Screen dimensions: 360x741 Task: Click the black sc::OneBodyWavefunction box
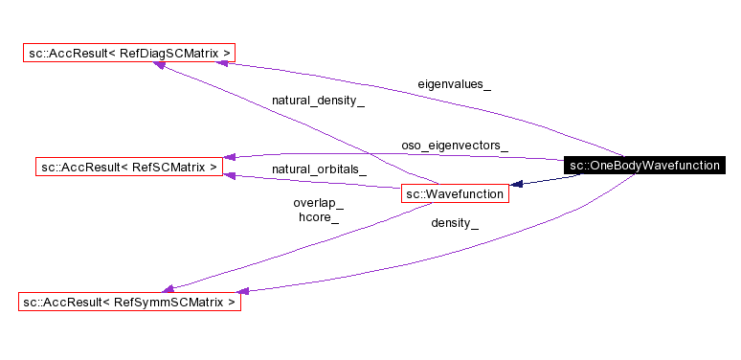[642, 166]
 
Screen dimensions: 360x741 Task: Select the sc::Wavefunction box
[454, 194]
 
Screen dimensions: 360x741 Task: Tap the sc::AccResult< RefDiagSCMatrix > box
[128, 52]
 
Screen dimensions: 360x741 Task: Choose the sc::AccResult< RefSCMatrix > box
[129, 167]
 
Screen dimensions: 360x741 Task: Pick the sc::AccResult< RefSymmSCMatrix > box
[129, 302]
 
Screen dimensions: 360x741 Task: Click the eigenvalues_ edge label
[454, 84]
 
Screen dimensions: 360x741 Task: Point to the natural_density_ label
[318, 100]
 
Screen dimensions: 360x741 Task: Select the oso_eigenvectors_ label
[454, 146]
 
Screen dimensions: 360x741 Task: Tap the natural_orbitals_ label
[319, 169]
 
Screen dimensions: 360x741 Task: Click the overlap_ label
[318, 203]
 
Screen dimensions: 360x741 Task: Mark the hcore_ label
[318, 217]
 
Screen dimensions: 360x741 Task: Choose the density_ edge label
[454, 222]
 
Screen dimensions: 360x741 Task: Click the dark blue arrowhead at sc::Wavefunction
[516, 184]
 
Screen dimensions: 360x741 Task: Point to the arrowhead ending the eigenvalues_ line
[223, 61]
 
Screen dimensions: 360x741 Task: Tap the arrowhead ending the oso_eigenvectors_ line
[230, 156]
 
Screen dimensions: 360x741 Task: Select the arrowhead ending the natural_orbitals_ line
[229, 175]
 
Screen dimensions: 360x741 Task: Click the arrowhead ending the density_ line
[244, 290]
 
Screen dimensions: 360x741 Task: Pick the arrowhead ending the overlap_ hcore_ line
[168, 287]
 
